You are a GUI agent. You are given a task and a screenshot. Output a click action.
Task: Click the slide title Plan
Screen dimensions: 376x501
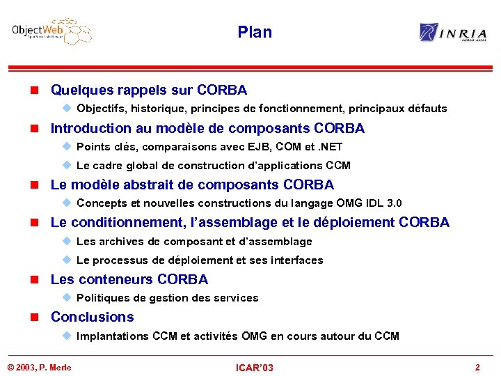pyautogui.click(x=255, y=32)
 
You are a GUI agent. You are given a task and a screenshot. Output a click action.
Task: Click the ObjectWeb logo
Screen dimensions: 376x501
pyautogui.click(x=51, y=31)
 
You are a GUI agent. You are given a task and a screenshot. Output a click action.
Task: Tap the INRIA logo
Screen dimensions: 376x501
pyautogui.click(x=453, y=32)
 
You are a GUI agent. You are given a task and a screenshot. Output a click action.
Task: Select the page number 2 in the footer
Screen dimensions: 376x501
pyautogui.click(x=477, y=367)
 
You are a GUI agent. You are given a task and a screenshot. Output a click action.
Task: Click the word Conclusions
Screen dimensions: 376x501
pyautogui.click(x=93, y=318)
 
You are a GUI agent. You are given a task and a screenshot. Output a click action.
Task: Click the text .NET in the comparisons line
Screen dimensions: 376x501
pyautogui.click(x=328, y=147)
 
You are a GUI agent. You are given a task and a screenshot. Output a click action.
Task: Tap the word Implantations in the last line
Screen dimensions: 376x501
pyautogui.click(x=110, y=336)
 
